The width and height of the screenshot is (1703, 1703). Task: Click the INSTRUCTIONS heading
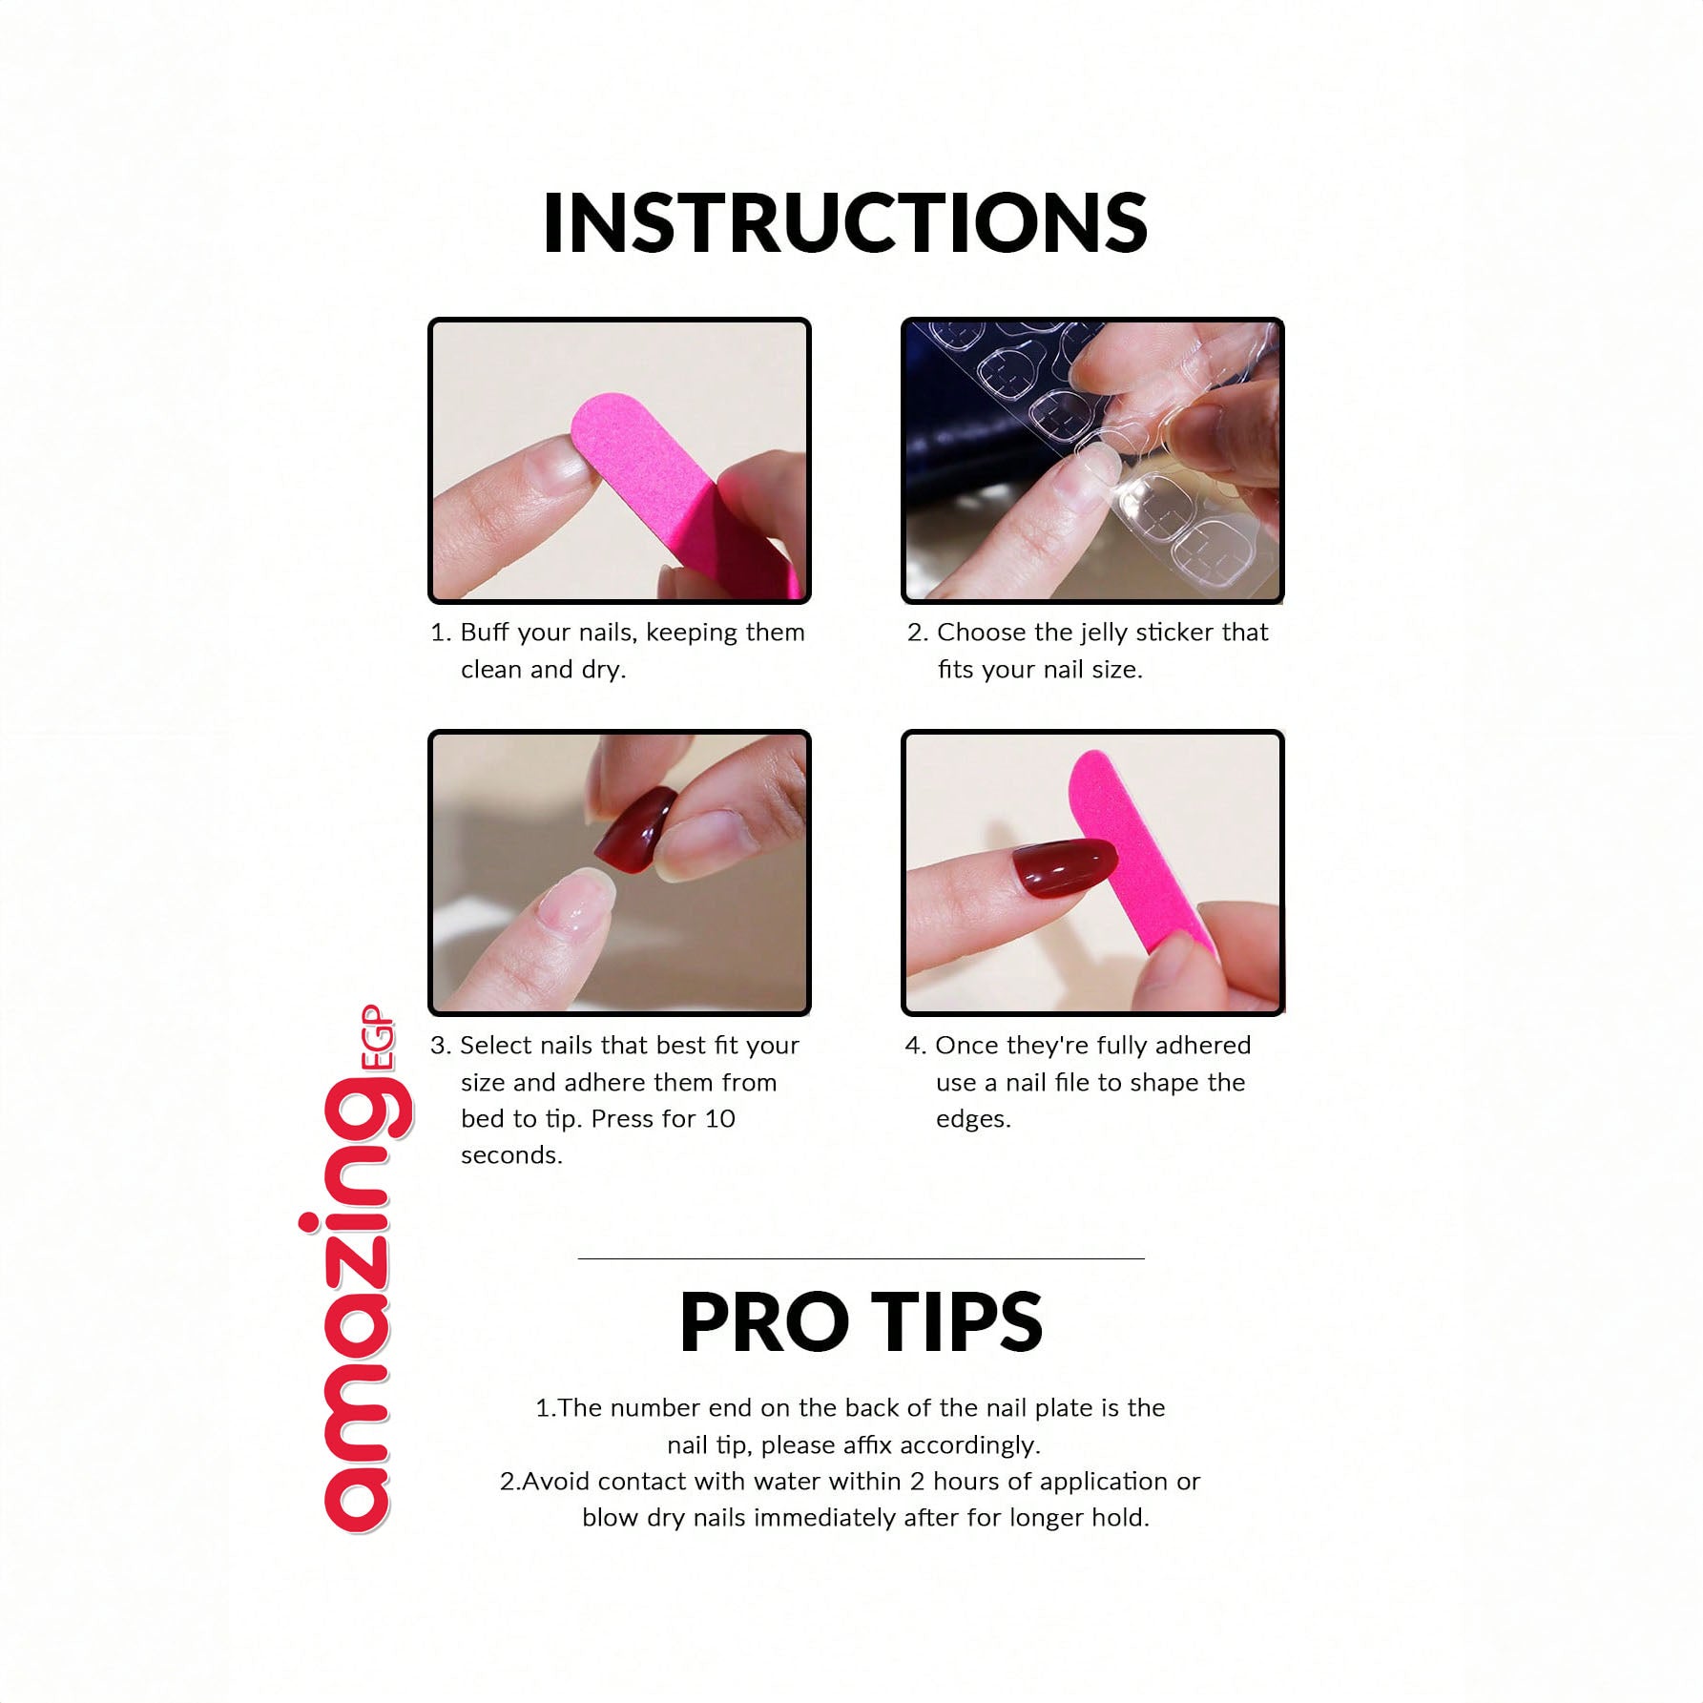point(844,222)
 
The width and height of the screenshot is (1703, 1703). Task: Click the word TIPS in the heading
point(957,1322)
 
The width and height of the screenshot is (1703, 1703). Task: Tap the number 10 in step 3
point(720,1119)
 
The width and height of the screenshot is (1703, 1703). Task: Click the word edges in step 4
point(972,1120)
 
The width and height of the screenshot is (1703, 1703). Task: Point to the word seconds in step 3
point(511,1155)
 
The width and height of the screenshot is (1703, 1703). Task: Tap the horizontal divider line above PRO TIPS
point(861,1258)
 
